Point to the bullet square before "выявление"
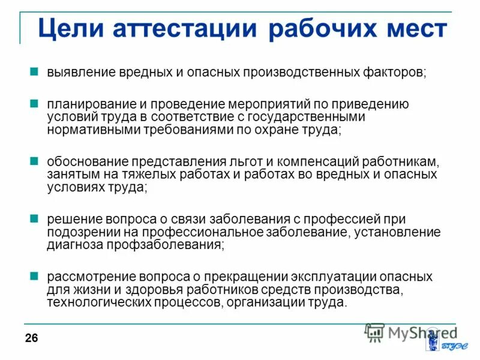tap(35, 71)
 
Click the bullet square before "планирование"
tap(35, 104)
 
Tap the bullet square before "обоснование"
tap(35, 161)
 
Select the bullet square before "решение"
tap(35, 219)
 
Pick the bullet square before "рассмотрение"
tap(35, 277)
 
